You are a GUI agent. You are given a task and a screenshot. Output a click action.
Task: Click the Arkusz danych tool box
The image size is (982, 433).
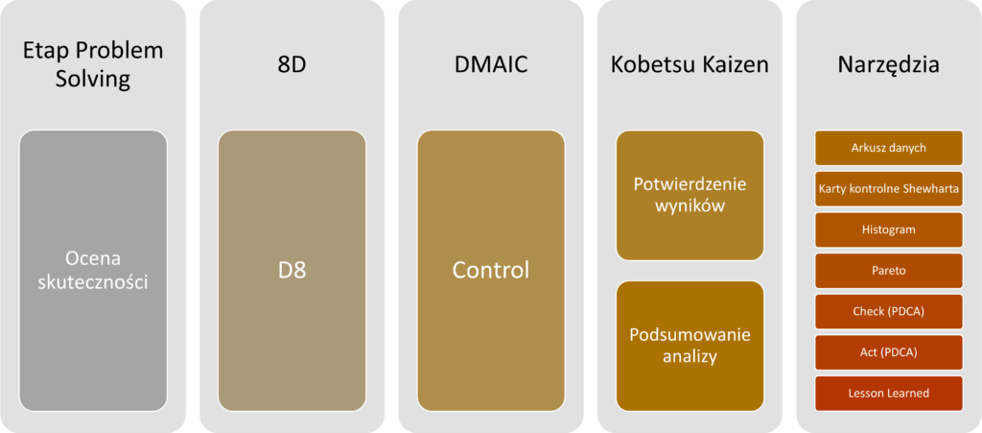coord(888,148)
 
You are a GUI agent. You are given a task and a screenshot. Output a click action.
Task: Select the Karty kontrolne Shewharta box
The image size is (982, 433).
coord(888,189)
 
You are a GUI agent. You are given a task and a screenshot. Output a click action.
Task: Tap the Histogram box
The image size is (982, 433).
coord(888,230)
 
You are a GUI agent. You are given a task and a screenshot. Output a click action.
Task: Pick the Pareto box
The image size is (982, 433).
coord(888,271)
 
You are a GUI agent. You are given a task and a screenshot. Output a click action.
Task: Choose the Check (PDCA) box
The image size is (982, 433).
coord(888,312)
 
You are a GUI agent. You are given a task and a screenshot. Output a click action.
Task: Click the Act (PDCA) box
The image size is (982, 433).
coord(888,352)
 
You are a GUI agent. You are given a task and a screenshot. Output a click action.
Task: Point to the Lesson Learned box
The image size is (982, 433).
coord(888,394)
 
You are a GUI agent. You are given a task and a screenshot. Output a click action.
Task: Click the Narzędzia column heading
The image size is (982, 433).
coord(888,64)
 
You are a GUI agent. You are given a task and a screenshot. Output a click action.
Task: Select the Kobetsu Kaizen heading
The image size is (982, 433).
coord(690,64)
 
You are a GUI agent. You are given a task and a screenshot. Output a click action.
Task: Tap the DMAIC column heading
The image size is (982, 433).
coord(490,64)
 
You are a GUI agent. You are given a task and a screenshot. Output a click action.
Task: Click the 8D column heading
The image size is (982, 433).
coord(292,64)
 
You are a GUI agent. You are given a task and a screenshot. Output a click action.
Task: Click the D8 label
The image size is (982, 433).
coord(292,270)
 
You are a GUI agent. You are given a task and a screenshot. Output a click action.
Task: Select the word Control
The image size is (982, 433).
coord(490,270)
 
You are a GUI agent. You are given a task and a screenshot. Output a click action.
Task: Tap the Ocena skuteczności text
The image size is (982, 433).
coord(93,270)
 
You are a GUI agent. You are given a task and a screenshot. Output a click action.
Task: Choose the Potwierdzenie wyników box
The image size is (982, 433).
coord(690,195)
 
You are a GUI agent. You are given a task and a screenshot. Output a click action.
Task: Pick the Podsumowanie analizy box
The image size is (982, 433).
coord(690,346)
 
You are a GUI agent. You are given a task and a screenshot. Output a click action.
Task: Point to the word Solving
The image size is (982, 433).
coord(93,78)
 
